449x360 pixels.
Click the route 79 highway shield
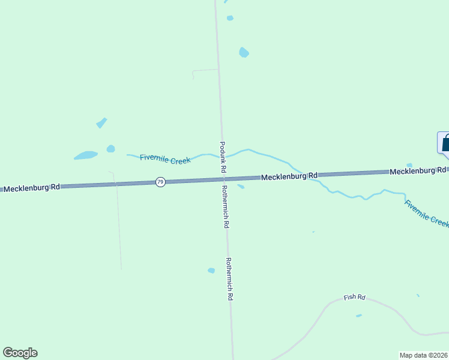160,182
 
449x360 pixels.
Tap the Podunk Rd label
222,158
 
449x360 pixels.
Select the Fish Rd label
354,297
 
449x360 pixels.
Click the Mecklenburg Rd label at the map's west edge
31,188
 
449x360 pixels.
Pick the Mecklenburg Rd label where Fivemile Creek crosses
289,176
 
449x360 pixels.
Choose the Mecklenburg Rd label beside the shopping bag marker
417,171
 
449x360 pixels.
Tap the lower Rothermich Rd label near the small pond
229,278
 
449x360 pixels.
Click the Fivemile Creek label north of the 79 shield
165,159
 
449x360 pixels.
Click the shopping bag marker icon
445,143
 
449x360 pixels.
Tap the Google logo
20,352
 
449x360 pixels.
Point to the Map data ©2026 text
423,355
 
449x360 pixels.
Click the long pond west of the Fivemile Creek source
86,155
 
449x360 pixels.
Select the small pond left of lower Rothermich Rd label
211,271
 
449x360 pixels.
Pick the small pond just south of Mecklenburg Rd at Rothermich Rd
241,187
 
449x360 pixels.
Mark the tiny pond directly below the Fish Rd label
359,316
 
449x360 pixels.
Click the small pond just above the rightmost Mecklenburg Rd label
409,165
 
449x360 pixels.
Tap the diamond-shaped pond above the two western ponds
101,123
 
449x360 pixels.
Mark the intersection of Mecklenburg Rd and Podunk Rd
223,179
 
